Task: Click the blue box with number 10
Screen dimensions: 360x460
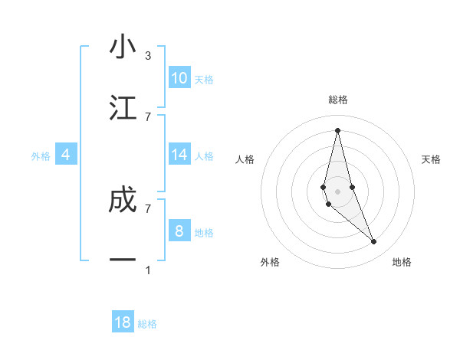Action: click(179, 78)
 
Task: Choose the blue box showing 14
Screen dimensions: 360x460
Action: click(179, 155)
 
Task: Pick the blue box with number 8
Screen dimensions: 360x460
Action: click(179, 231)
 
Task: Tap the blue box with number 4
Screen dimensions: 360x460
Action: click(66, 155)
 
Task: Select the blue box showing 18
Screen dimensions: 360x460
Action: click(123, 322)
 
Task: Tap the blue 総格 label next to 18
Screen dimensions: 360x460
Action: click(147, 324)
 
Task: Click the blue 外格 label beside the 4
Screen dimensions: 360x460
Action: click(41, 156)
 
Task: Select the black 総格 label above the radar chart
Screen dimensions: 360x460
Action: click(337, 100)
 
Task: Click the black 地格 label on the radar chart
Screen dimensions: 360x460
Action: click(402, 262)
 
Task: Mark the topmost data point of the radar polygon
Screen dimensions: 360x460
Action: click(337, 129)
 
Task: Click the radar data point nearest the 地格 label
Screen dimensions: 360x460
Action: click(374, 242)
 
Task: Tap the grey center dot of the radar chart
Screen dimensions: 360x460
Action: click(337, 191)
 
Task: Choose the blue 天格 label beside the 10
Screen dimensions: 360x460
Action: click(204, 80)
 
